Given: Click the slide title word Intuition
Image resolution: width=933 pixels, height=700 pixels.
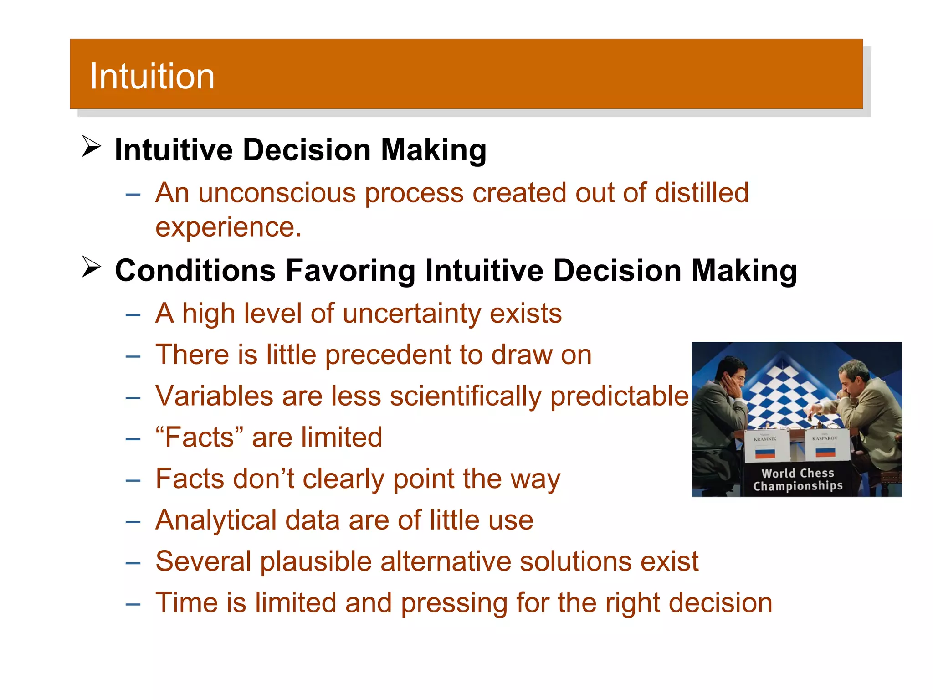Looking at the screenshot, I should pos(152,76).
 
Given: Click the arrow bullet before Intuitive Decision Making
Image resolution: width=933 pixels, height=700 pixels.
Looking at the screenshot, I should pos(91,146).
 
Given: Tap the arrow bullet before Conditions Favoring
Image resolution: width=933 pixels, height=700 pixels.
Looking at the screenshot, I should pos(91,267).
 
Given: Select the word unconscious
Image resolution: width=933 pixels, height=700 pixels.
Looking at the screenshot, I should pos(277,193).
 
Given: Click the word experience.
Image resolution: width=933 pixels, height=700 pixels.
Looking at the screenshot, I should pos(228,227).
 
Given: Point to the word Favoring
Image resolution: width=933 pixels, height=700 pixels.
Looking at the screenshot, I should pos(350,271).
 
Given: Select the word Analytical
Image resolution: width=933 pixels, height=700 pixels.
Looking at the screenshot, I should pos(216,520).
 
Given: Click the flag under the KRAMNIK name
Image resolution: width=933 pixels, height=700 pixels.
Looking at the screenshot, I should pos(765,453).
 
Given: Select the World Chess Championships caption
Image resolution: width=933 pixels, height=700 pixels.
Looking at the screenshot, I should pos(798,480).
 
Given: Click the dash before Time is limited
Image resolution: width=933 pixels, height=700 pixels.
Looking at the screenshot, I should pos(133,604).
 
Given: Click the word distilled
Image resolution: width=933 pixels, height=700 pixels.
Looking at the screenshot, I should pos(702,193).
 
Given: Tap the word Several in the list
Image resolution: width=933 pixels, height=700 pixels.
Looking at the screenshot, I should pos(203,561).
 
